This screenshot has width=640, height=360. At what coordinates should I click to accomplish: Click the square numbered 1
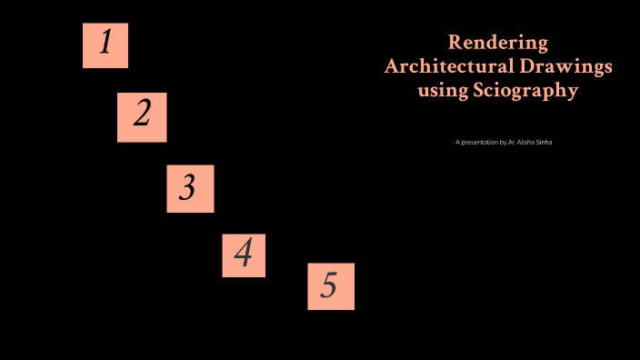coord(105,45)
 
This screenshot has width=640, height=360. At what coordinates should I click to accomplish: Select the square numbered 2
coord(142,117)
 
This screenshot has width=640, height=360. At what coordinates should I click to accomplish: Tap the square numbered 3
coord(190,188)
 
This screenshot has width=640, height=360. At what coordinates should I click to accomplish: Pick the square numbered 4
coord(244,255)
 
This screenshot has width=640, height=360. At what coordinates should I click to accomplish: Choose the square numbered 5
coord(331,286)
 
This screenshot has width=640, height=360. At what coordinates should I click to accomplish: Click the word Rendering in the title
coord(498,43)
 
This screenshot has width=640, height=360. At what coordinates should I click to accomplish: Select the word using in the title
coord(442,92)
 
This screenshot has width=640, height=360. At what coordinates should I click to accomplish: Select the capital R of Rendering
coord(455,43)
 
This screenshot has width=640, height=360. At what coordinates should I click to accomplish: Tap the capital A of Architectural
coord(392,66)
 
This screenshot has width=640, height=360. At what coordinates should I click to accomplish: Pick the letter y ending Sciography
coord(573,94)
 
